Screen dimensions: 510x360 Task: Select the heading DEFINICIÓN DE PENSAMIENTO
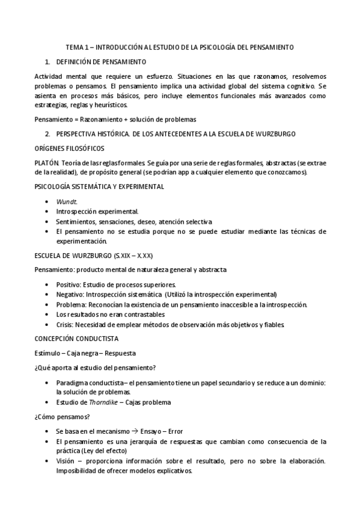pos(101,61)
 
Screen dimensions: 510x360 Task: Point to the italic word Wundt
pos(64,202)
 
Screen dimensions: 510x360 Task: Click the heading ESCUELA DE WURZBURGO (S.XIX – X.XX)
pos(89,255)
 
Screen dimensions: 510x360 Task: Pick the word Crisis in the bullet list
pos(65,325)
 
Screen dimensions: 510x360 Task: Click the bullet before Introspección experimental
pos(47,212)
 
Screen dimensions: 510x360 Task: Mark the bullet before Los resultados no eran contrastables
pos(47,315)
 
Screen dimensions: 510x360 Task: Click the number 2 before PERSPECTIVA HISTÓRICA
pos(47,133)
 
